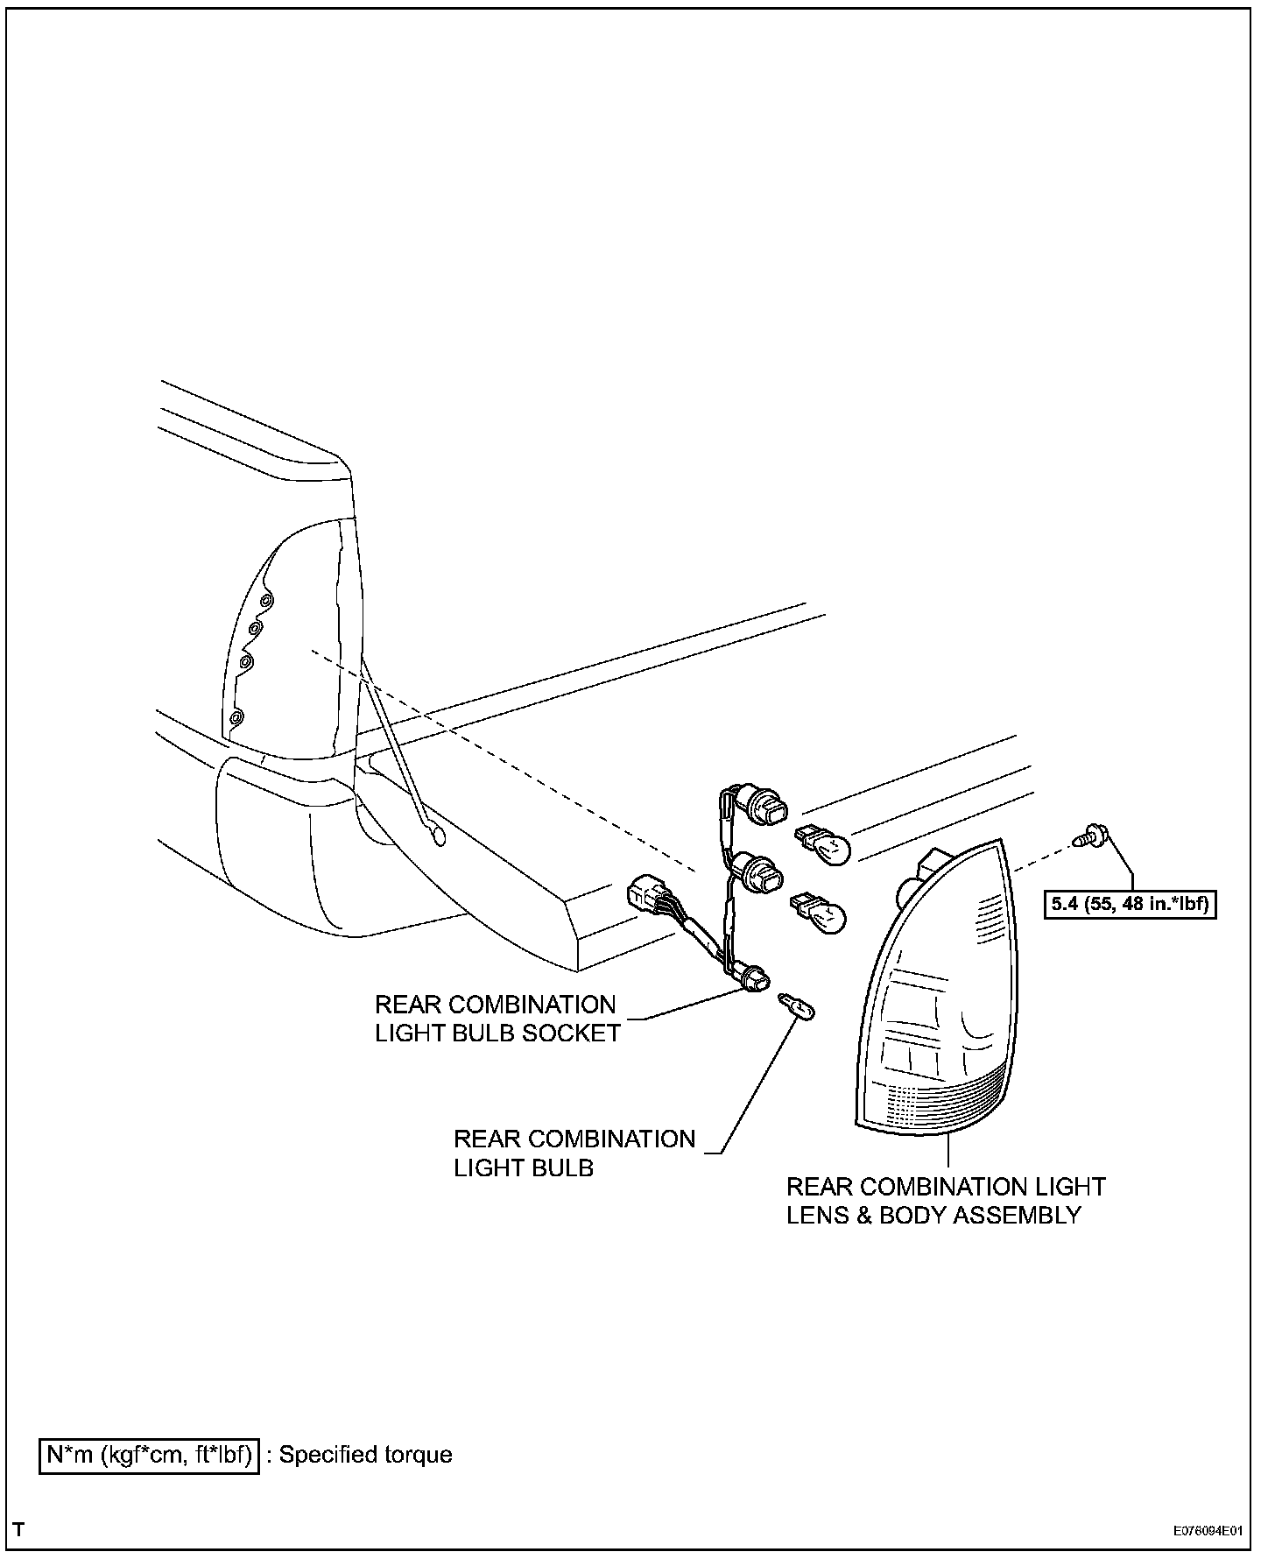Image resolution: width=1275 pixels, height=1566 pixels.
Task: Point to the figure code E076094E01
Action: coord(1208,1532)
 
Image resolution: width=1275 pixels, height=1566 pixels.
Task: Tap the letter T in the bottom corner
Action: coord(19,1531)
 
